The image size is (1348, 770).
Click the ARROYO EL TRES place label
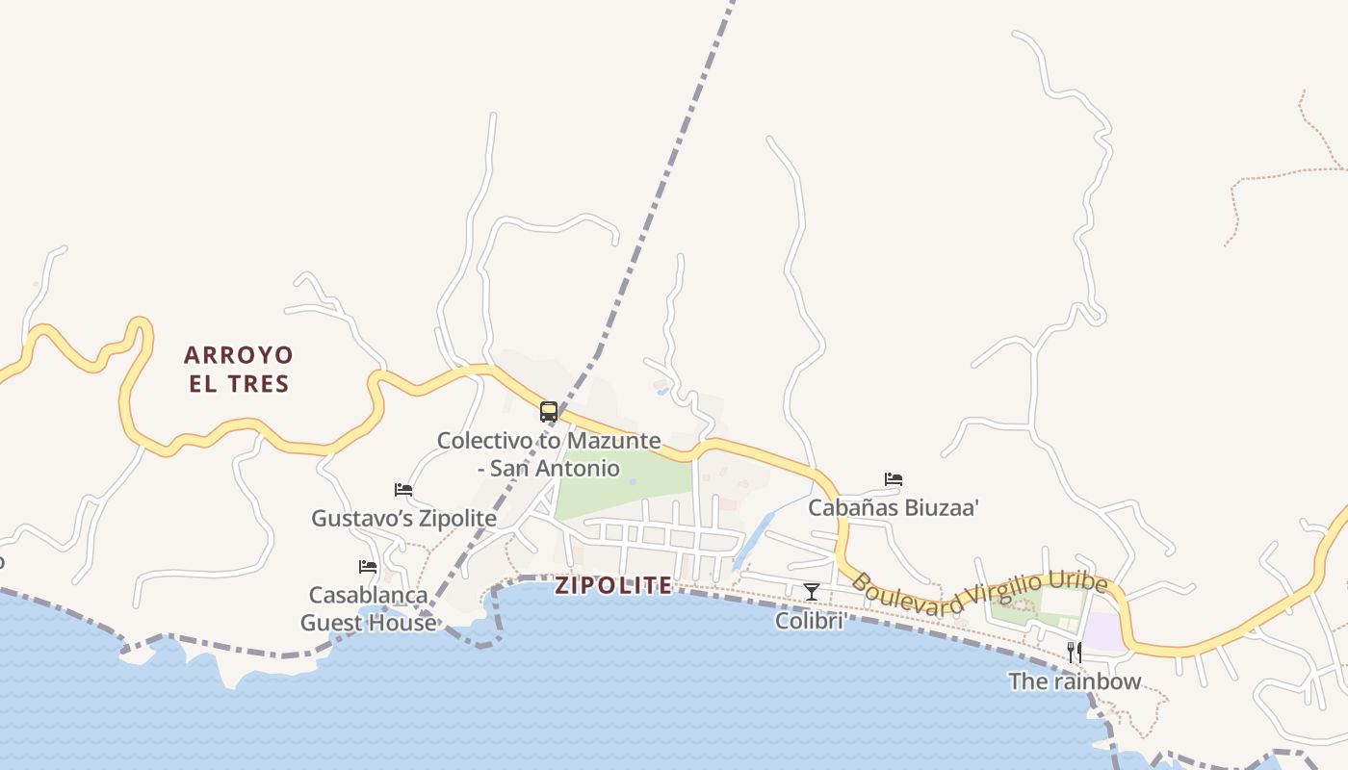pyautogui.click(x=239, y=370)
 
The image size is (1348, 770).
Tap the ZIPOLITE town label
pyautogui.click(x=613, y=585)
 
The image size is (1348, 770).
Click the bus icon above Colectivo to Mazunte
pyautogui.click(x=549, y=413)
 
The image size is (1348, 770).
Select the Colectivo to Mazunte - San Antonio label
pyautogui.click(x=549, y=454)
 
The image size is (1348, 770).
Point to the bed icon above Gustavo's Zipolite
pyautogui.click(x=403, y=491)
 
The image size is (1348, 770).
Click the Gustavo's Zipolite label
pyautogui.click(x=403, y=519)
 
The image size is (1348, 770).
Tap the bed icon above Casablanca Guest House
pyautogui.click(x=368, y=567)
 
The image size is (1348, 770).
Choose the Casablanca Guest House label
pyautogui.click(x=368, y=608)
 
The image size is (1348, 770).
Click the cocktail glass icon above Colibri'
pyautogui.click(x=812, y=592)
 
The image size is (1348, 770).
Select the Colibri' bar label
pyautogui.click(x=812, y=621)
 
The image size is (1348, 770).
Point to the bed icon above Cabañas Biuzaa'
pyautogui.click(x=894, y=479)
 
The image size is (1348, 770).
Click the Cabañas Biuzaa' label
pyautogui.click(x=894, y=507)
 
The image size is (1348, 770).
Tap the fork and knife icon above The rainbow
pyautogui.click(x=1075, y=653)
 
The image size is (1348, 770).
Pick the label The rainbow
pyautogui.click(x=1075, y=681)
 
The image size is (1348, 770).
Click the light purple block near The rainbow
pyautogui.click(x=1103, y=631)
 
